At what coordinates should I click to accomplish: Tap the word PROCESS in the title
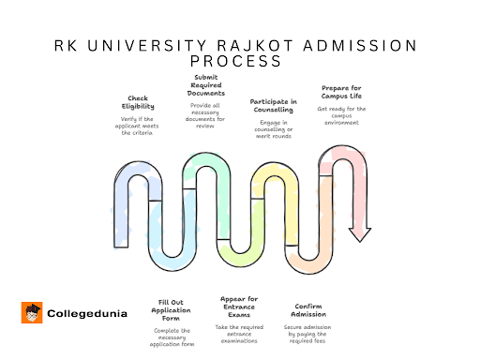coord(239,62)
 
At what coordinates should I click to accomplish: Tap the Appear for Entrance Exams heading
coord(239,306)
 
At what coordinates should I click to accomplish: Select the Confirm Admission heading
coord(309,309)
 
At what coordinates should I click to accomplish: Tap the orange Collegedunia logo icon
coord(31,312)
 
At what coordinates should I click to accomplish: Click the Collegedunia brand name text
coord(82,313)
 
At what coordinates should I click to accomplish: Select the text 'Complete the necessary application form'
coord(171,336)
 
